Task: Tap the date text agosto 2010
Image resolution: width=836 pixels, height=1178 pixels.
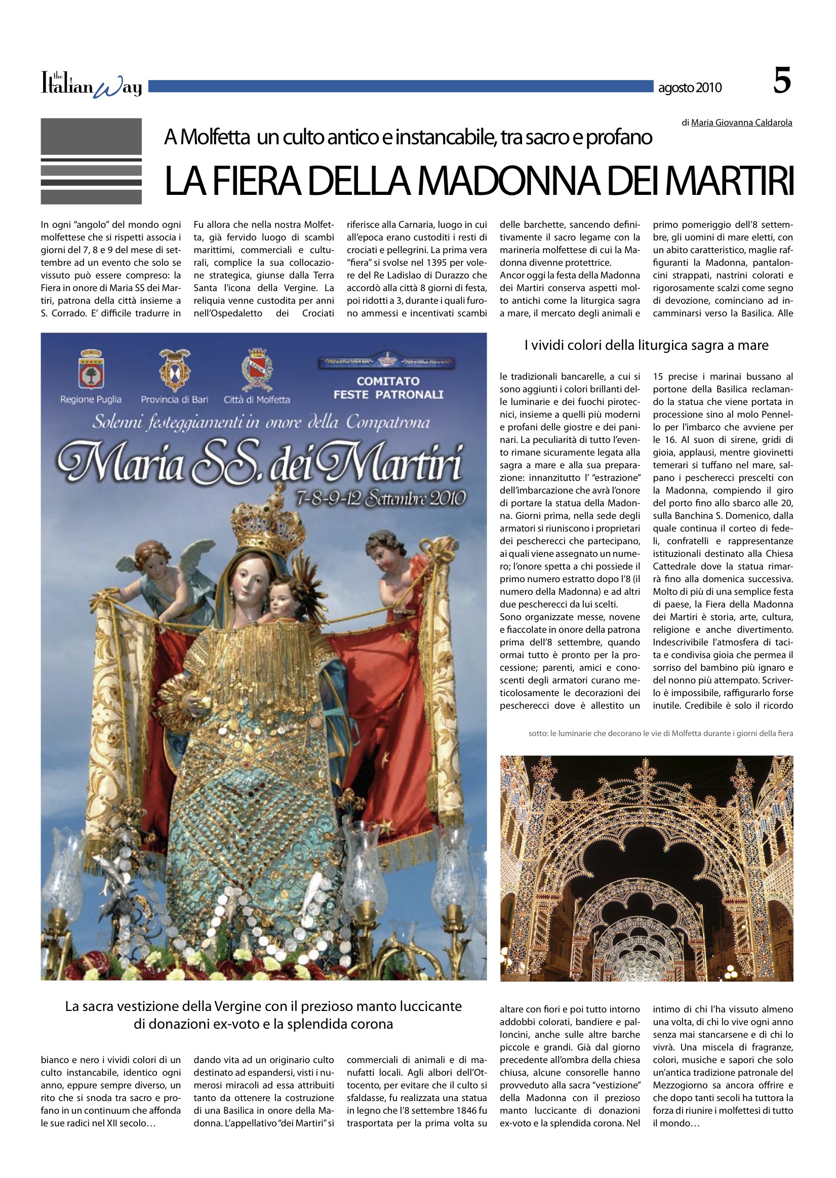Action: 689,88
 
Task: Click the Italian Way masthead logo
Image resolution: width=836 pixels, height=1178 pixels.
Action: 91,86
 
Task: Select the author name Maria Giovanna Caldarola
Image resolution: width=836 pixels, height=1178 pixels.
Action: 741,123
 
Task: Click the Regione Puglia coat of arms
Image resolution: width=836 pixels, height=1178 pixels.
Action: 91,370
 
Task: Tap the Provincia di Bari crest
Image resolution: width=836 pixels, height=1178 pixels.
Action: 175,369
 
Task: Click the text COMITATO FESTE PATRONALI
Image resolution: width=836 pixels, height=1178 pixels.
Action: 388,388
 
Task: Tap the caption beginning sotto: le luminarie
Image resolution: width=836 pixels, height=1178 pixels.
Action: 660,734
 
